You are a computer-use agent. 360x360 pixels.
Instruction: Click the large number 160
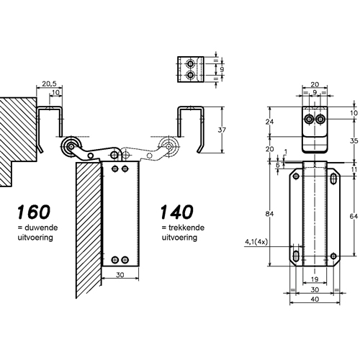tap(34, 212)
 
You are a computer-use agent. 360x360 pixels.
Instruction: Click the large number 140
tap(176, 212)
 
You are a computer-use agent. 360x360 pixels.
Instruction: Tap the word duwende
tap(40, 228)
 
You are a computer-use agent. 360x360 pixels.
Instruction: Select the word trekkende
tap(186, 228)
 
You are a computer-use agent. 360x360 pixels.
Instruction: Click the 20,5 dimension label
tap(49, 84)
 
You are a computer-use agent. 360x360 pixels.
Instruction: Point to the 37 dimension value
tap(222, 130)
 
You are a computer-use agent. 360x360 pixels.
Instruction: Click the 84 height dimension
tap(269, 214)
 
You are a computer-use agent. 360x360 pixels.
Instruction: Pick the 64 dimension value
tap(354, 216)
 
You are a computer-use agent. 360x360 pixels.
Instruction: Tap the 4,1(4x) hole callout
tap(256, 242)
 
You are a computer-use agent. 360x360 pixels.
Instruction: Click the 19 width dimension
tap(315, 279)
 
